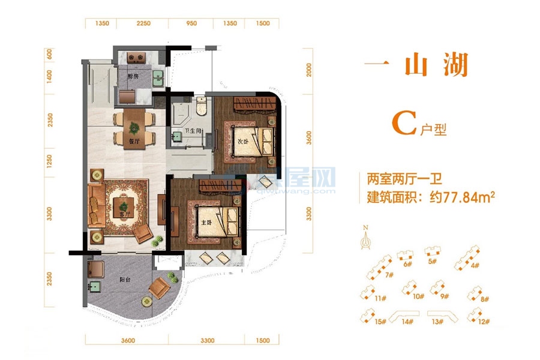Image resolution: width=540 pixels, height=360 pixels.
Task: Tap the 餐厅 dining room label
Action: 118,141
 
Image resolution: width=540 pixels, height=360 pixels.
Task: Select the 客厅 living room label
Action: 125,213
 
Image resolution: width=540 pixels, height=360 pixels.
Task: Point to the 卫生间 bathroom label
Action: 193,134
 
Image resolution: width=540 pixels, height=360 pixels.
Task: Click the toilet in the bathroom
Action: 201,106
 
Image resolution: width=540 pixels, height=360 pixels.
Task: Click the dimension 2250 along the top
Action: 142,23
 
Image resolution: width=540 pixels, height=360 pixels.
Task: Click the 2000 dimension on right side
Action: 309,70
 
